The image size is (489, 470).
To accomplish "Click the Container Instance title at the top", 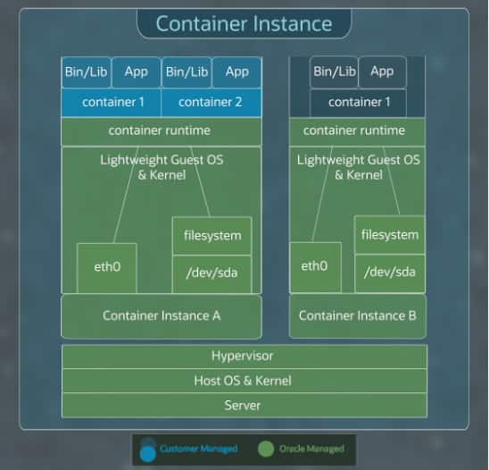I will (244, 23).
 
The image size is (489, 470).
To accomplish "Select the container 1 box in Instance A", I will (112, 102).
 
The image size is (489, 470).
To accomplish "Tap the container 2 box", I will (211, 102).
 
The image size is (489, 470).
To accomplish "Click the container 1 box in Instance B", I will (358, 102).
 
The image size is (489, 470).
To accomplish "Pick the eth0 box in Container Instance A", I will (107, 267).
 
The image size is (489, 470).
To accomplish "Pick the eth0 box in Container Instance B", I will (314, 266).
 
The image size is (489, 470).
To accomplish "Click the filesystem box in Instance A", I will (211, 236).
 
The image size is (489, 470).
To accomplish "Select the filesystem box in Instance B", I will (389, 234).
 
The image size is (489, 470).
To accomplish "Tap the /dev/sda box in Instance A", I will (211, 273).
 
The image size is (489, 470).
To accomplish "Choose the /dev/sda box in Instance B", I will (389, 272).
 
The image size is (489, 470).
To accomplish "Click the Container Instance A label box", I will (162, 315).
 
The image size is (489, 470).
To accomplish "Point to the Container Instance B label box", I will (357, 315).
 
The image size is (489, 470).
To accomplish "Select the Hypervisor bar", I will (244, 356).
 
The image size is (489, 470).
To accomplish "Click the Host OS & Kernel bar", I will (244, 381).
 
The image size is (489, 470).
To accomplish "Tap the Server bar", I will (244, 405).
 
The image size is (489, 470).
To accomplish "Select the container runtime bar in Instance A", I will (162, 130).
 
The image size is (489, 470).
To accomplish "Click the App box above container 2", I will (237, 71).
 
